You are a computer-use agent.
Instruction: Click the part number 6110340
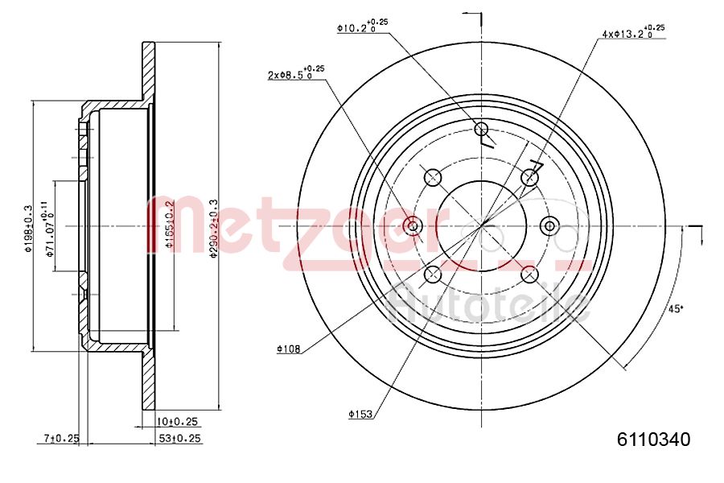[653, 440]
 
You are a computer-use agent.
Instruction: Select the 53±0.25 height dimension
[178, 438]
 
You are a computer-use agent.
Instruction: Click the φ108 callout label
[287, 349]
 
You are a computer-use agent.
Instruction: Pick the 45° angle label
[676, 308]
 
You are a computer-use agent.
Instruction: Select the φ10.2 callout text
[361, 26]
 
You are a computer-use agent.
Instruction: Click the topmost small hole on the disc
[482, 130]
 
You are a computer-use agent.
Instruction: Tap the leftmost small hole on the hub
[413, 225]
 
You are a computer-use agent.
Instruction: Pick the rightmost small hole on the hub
[550, 225]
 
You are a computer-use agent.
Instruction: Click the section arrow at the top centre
[472, 16]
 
